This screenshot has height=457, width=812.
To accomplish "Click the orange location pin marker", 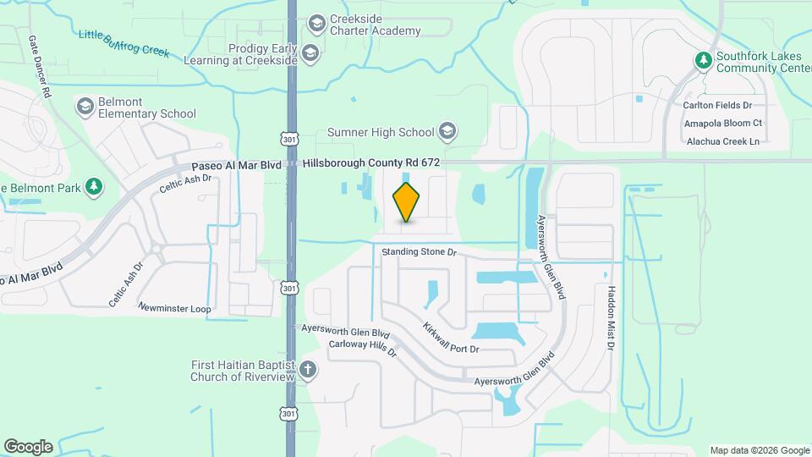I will coord(406,202).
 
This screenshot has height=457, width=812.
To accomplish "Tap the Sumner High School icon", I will coord(447,131).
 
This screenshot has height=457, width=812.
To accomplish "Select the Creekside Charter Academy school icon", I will coord(317,23).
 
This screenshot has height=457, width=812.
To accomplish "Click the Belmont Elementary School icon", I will coord(85,106).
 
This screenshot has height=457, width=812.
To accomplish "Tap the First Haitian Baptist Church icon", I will coord(308,370).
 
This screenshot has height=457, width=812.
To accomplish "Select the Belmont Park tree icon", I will coord(95,186).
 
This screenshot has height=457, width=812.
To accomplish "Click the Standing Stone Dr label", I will coord(419,252).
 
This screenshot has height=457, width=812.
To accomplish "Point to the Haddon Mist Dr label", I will coord(612,318).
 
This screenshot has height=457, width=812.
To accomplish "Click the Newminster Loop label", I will coord(174,309).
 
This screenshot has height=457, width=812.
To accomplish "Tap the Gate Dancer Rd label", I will coord(41,67).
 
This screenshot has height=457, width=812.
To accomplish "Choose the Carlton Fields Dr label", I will coord(717,106).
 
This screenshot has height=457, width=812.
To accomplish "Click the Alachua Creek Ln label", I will coord(722,141).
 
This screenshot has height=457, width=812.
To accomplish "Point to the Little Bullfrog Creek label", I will coord(124,41).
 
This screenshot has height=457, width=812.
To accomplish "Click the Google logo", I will coord(28,446).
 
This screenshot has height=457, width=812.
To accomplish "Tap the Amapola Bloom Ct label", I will coord(719,124).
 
